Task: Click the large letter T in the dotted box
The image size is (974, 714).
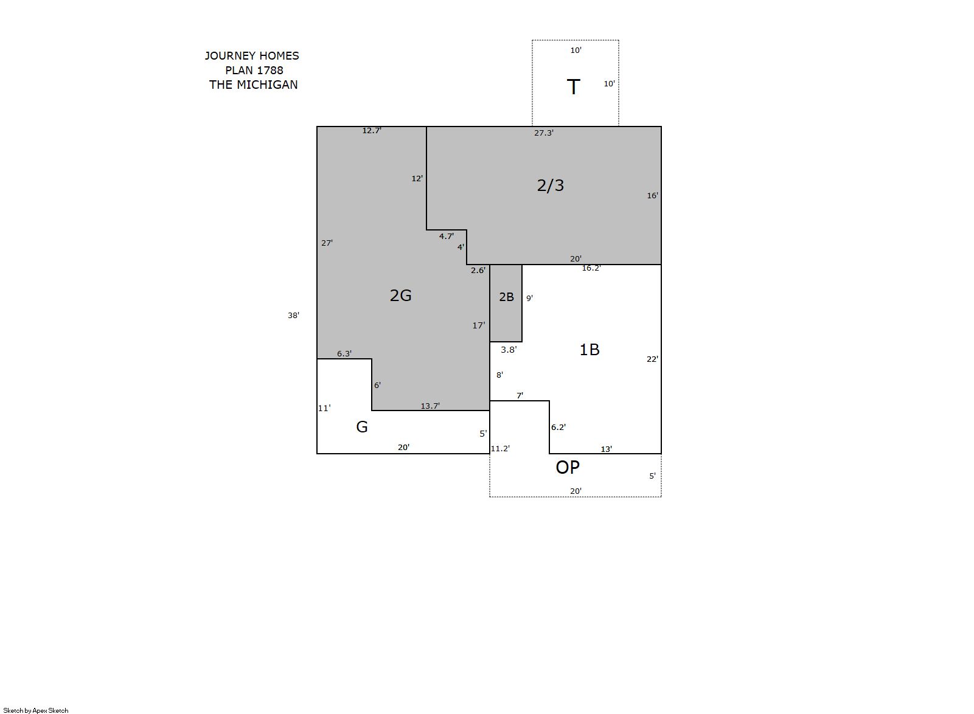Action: point(573,87)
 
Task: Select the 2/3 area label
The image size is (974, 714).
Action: point(550,185)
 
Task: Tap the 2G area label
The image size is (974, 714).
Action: point(400,296)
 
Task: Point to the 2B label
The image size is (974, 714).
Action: point(506,297)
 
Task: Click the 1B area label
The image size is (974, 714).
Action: point(589,349)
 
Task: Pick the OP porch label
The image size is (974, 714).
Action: point(568,467)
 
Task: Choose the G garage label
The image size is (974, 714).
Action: point(362,427)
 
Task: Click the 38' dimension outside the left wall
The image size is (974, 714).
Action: point(293,316)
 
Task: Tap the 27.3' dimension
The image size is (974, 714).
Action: point(543,133)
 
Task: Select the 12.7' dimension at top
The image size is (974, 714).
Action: point(372,130)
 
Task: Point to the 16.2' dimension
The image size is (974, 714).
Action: point(591,268)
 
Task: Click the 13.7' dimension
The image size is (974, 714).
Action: point(430,406)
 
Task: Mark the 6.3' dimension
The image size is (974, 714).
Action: point(344,354)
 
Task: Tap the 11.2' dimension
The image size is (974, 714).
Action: point(500,449)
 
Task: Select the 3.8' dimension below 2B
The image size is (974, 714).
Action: point(509,350)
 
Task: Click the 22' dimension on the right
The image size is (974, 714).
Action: point(652,359)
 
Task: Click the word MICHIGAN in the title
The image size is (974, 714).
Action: point(267,85)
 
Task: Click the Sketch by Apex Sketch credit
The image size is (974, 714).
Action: point(36,710)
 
